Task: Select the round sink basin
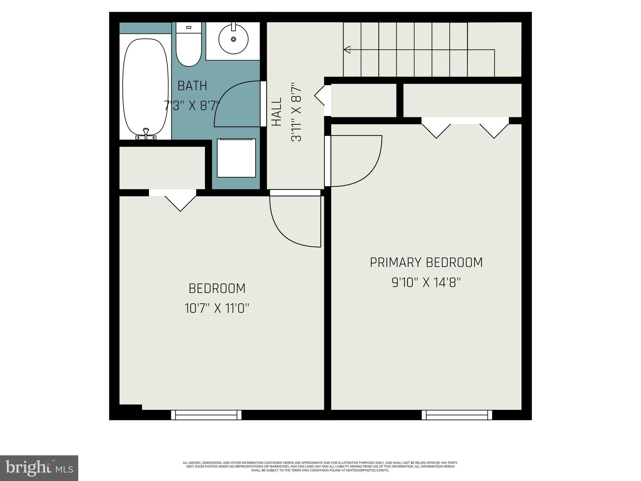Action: [233, 39]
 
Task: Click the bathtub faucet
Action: [146, 133]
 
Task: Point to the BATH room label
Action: [192, 86]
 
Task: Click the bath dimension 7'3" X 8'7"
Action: [192, 106]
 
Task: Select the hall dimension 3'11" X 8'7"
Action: [296, 112]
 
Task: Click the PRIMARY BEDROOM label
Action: [426, 262]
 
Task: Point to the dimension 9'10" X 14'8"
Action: [426, 283]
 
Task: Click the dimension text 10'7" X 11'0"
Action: [217, 308]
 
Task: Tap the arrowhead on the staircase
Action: [347, 49]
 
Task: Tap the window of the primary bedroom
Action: [457, 415]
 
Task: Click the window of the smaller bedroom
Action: [206, 415]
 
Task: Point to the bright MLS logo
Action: [39, 468]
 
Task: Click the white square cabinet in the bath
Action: [236, 158]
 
